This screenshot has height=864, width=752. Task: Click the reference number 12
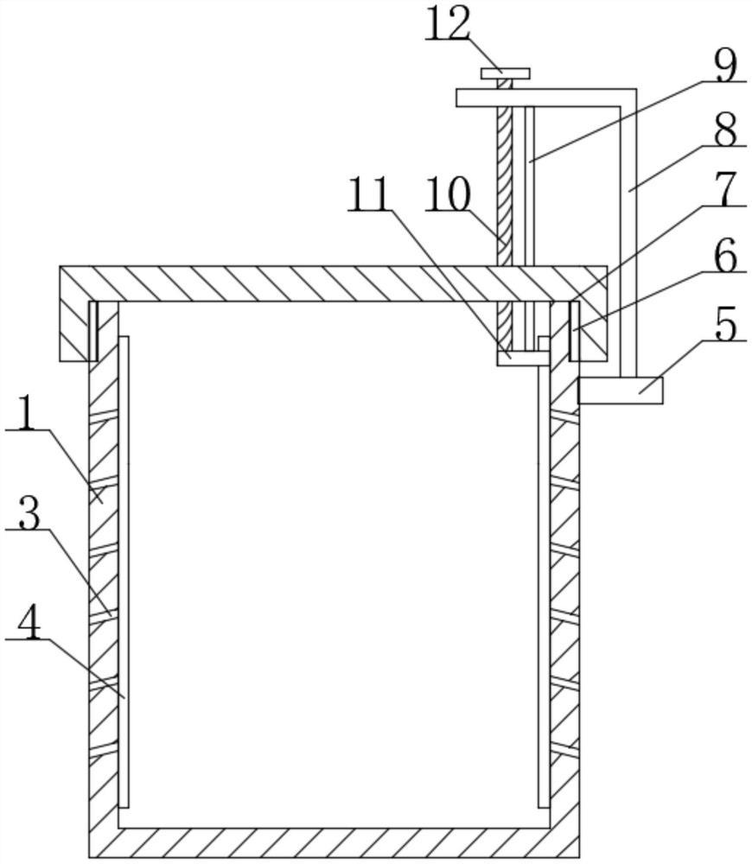(x=448, y=26)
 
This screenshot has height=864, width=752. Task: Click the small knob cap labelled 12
(x=505, y=73)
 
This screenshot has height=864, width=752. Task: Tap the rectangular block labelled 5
(x=620, y=390)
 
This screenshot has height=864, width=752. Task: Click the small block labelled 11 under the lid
(x=522, y=357)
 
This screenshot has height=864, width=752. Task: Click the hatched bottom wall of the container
(x=333, y=842)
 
